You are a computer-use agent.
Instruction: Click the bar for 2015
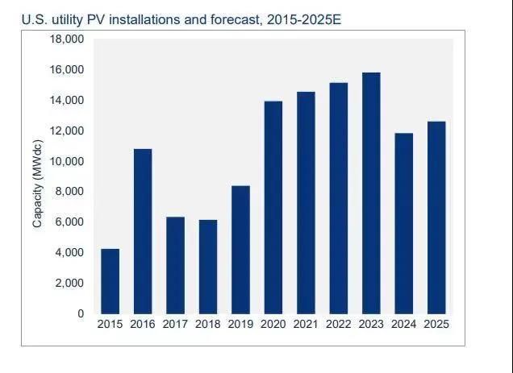tap(110, 281)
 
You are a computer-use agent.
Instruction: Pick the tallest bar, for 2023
tap(371, 193)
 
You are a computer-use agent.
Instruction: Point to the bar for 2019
tap(240, 250)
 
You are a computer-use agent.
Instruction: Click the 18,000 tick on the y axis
tap(68, 39)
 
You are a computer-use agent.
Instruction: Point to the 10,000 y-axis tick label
tap(68, 161)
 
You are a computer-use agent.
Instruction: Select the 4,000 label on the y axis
tap(70, 252)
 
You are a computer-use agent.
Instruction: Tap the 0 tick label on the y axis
tap(81, 313)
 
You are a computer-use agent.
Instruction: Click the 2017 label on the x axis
tap(175, 324)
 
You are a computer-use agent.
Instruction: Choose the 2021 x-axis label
tap(306, 324)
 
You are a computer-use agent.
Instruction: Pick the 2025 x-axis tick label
tap(436, 324)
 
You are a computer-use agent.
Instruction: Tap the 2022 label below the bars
tap(338, 324)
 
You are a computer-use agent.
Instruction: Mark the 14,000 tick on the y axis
tap(68, 101)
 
